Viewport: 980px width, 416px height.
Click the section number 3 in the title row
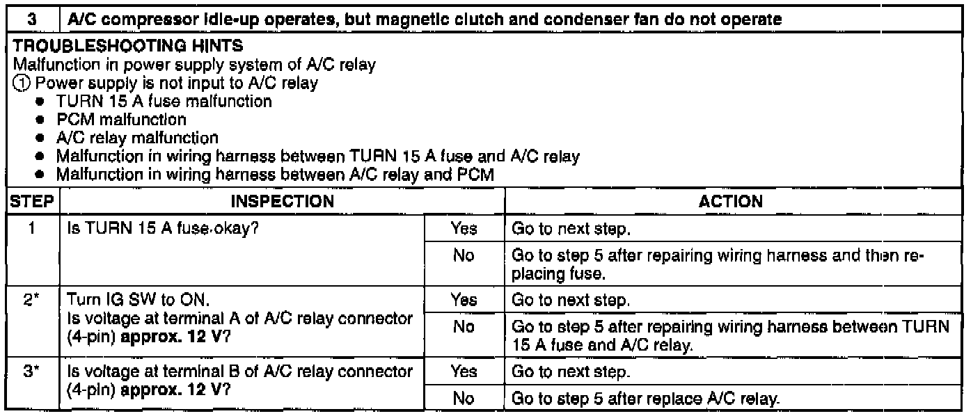[x=33, y=21]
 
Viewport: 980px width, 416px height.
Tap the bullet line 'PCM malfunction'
[x=120, y=119]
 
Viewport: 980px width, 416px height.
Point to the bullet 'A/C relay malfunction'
[x=137, y=138]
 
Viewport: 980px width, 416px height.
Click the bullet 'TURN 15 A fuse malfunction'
[x=164, y=102]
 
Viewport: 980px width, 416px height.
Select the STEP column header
[x=33, y=202]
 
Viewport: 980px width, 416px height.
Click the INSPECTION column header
[x=283, y=202]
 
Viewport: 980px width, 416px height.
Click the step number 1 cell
[x=33, y=228]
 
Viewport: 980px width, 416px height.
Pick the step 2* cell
[x=33, y=300]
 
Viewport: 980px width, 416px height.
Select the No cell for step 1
[x=464, y=256]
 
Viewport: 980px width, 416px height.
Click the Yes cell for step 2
[x=464, y=300]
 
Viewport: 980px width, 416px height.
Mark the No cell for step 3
[x=464, y=399]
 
